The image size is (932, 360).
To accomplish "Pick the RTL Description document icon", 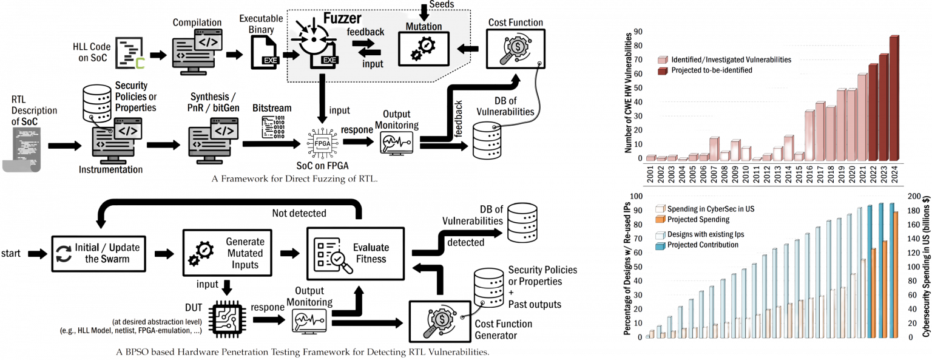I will (x=23, y=146).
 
